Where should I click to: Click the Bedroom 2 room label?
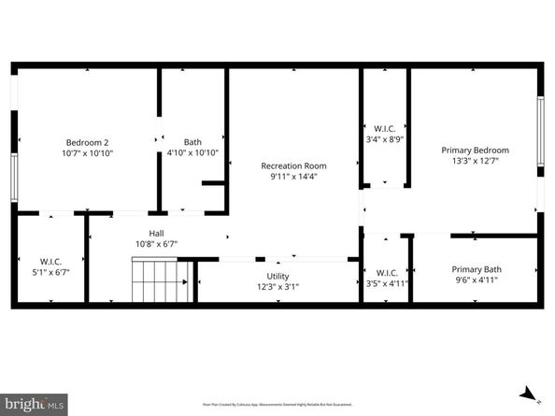87,142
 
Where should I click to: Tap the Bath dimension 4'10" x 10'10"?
192,153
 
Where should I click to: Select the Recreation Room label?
293,165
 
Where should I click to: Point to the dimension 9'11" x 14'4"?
293,176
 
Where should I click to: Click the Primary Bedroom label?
475,150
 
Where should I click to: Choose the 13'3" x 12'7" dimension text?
475,161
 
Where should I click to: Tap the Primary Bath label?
476,268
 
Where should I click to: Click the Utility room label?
278,277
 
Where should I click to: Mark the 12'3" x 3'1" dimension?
278,288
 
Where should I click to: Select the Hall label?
157,233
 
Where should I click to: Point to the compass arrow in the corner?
528,394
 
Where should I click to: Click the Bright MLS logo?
34,404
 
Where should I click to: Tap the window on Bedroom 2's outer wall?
14,176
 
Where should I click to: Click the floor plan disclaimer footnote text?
277,404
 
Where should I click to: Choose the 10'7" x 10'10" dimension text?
87,153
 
